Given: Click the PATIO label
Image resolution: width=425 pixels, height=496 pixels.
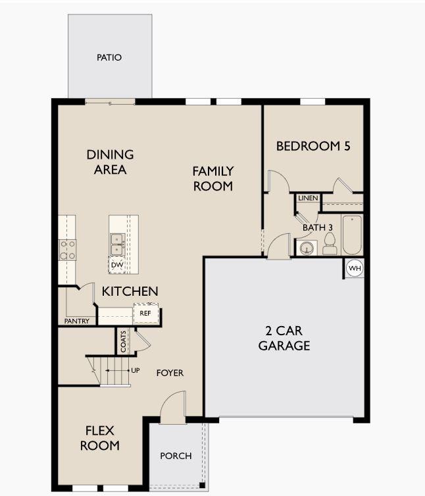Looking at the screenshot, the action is click(x=109, y=57).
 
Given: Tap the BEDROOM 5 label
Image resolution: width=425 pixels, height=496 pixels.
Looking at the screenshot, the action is click(x=313, y=146).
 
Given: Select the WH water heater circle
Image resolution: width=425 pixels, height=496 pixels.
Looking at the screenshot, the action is click(x=355, y=268).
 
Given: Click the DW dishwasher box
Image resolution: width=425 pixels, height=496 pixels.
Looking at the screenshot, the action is click(x=117, y=265).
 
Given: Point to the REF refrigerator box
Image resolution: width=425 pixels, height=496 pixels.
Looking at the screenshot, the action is click(x=145, y=313).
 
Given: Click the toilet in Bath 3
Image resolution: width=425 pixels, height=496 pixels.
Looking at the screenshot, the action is click(x=330, y=244).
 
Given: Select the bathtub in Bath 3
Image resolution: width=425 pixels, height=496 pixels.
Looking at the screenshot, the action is click(x=352, y=234).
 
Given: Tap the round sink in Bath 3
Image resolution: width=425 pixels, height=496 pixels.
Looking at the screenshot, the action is click(x=306, y=248).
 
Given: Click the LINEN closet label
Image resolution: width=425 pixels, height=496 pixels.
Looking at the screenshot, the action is click(x=308, y=198).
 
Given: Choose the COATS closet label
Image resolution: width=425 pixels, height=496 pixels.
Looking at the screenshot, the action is click(x=124, y=341).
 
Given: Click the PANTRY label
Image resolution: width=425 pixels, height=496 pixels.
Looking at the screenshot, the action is click(x=77, y=321).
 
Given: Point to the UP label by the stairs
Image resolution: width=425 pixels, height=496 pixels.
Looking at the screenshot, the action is click(x=136, y=370).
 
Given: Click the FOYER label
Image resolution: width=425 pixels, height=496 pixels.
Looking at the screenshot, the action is click(x=170, y=373).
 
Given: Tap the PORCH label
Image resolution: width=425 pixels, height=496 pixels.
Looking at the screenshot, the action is click(x=176, y=456).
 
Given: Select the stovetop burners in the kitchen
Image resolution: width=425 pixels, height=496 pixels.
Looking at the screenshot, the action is click(x=68, y=250).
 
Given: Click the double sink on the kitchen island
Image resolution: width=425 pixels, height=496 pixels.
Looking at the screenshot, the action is click(x=116, y=244).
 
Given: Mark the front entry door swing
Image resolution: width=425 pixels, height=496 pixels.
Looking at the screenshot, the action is click(x=172, y=407).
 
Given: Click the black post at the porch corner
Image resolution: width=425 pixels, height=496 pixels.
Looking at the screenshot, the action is click(x=202, y=485).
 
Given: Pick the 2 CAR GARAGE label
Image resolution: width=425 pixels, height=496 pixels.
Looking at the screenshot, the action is click(x=284, y=338).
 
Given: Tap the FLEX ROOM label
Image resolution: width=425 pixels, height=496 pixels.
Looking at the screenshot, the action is click(x=100, y=438).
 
